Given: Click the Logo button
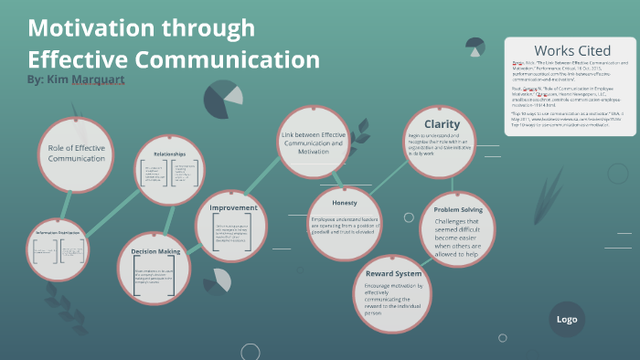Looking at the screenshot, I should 566,319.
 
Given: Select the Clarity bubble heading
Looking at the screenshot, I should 442,123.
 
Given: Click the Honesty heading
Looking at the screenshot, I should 343,203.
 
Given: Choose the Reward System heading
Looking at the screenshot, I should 393,274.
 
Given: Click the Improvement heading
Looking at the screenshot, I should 233,207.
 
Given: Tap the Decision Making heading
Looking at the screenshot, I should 156,252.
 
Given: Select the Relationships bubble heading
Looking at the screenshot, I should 169,154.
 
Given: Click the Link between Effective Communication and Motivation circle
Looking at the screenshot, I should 314,143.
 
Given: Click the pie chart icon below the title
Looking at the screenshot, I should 221,101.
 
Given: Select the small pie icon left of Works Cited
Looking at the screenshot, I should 475,45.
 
